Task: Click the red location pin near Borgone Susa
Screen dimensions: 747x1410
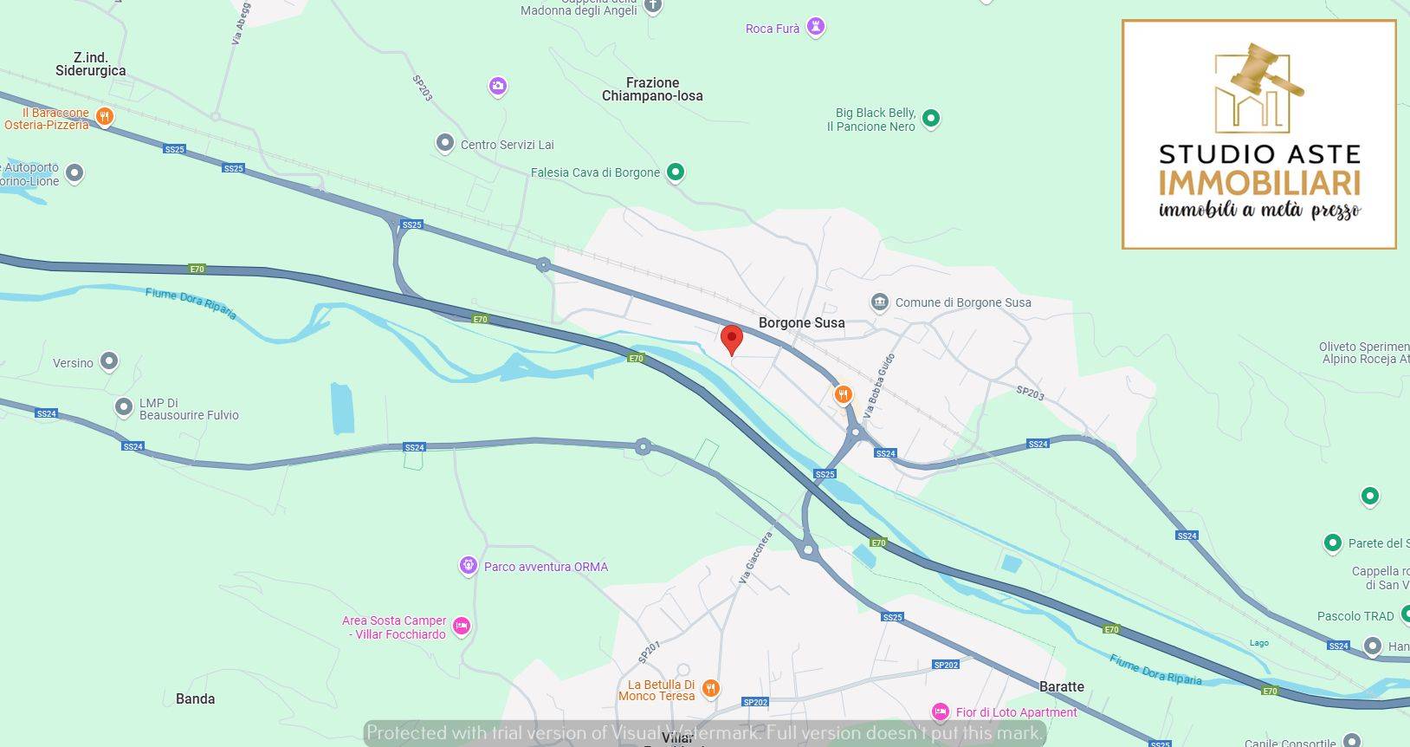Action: point(732,339)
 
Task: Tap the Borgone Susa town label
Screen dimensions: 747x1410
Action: point(801,323)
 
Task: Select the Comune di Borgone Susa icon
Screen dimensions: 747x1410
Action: point(880,302)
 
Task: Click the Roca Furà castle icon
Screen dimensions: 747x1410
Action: point(815,27)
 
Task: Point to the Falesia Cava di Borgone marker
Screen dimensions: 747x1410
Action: point(676,172)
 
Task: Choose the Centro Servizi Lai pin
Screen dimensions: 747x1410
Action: point(445,144)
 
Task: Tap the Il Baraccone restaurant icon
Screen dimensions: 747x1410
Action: point(105,117)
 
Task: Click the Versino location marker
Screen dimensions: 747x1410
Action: point(109,361)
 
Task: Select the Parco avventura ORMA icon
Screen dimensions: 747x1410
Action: point(469,566)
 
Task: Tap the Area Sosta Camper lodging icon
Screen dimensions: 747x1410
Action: point(462,626)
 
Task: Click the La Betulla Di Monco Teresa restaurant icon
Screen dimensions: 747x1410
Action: point(710,689)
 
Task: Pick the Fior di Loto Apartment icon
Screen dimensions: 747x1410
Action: point(940,712)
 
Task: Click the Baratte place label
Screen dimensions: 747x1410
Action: point(1061,687)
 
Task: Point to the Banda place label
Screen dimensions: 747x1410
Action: point(195,699)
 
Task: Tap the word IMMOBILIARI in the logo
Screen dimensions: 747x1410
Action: point(1259,184)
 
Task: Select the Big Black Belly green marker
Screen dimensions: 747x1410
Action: point(931,118)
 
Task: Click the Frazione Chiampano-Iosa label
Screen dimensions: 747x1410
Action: point(652,89)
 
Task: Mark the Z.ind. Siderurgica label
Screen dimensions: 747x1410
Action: point(91,64)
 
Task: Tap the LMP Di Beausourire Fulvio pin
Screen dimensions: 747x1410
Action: point(125,406)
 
